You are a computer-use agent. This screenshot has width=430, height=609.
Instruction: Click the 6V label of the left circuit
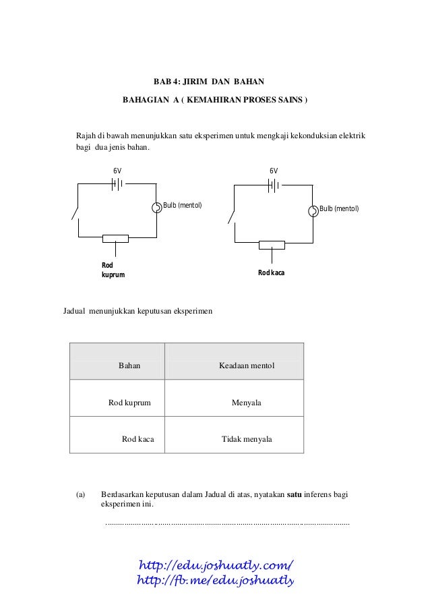tap(117, 171)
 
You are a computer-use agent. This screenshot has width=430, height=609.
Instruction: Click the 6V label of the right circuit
tap(274, 171)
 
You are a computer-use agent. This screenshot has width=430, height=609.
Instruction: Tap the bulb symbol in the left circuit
tap(157, 207)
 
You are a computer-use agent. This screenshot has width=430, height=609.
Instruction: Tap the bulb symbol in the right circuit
tap(313, 211)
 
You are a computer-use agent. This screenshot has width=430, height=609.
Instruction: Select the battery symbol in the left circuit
tap(117, 183)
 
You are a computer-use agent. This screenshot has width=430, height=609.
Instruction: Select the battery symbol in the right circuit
tap(273, 185)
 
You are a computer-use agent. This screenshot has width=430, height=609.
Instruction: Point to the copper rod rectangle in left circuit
tap(115, 237)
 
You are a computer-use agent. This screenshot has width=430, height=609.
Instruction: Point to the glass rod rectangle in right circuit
tap(272, 243)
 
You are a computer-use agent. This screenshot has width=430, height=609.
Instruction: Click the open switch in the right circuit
tap(232, 216)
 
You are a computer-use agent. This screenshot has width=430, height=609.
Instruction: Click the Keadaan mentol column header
tap(247, 366)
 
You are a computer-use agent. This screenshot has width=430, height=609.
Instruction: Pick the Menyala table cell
tap(247, 403)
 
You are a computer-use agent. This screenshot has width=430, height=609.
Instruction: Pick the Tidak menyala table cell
tap(247, 439)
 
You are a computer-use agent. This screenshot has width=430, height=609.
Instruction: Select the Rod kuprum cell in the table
tap(129, 403)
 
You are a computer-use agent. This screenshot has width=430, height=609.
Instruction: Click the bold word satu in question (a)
tap(294, 494)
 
